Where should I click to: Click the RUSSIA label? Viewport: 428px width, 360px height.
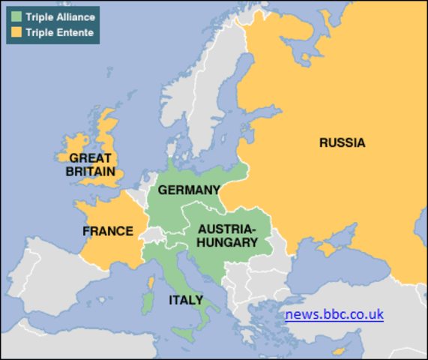coord(342,142)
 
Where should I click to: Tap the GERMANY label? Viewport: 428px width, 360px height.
coord(189,190)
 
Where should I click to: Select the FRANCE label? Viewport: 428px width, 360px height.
coord(108,231)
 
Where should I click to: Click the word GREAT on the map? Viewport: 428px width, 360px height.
coord(90,158)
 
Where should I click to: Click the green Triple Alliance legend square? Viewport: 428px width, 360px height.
coord(15,16)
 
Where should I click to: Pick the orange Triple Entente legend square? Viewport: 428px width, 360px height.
coord(15,32)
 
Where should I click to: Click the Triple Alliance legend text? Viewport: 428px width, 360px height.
coord(59,16)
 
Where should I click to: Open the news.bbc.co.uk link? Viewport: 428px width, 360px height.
coord(334,314)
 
